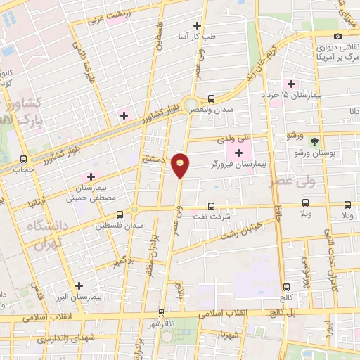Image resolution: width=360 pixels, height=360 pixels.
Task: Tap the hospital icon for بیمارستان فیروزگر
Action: pyautogui.click(x=238, y=153)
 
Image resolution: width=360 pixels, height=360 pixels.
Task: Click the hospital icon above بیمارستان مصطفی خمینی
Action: pyautogui.click(x=90, y=176)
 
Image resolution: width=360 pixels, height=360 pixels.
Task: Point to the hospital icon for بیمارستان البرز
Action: pyautogui.click(x=79, y=286)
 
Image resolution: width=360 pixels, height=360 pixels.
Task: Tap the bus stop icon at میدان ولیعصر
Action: pyautogui.click(x=211, y=98)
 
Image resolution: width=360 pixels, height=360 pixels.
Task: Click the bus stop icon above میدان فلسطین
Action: pyautogui.click(x=120, y=214)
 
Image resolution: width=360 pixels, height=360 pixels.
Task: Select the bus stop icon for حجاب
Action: pyautogui.click(x=25, y=159)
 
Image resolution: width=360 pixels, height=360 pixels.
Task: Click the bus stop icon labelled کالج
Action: pyautogui.click(x=286, y=287)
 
